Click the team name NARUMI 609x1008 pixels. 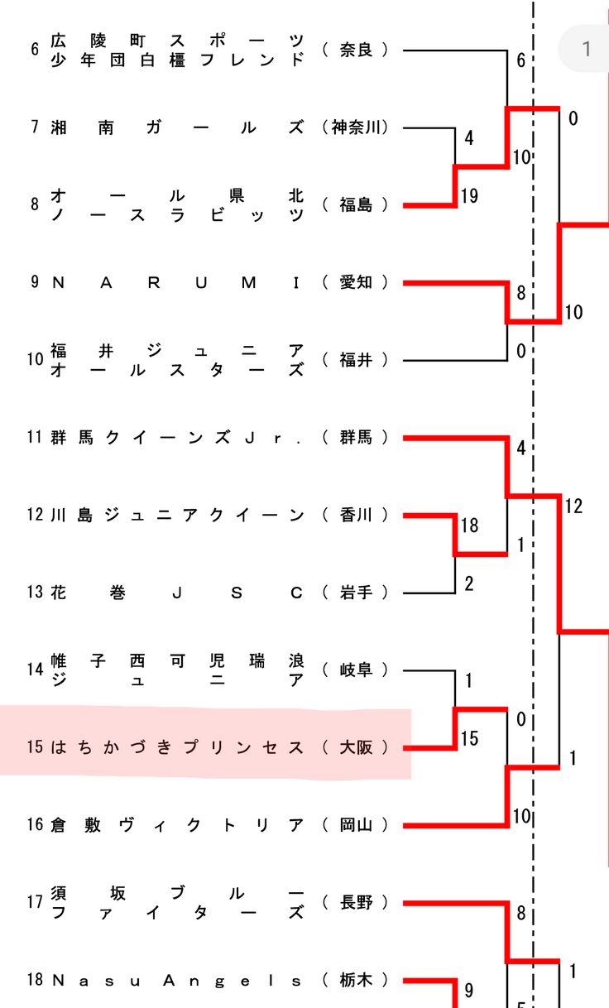(x=176, y=283)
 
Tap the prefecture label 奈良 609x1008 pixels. (x=357, y=50)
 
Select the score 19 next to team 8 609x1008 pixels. (x=469, y=196)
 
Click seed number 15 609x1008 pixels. (x=34, y=747)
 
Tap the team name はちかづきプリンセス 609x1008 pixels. (x=177, y=747)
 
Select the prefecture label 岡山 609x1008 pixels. (x=357, y=825)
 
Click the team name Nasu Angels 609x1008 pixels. (x=176, y=981)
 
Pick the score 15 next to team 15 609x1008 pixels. (x=469, y=739)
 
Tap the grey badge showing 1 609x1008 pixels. (x=586, y=49)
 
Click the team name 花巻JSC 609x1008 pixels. (x=176, y=593)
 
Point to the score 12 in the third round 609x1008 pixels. (x=573, y=506)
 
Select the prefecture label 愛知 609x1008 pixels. (x=357, y=283)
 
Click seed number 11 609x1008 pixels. (x=34, y=438)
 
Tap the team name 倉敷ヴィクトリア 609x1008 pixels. (x=177, y=825)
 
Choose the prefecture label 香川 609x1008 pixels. (x=357, y=515)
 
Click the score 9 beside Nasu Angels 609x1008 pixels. (x=468, y=991)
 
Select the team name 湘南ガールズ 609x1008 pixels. (x=176, y=127)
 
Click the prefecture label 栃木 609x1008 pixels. (x=357, y=981)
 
